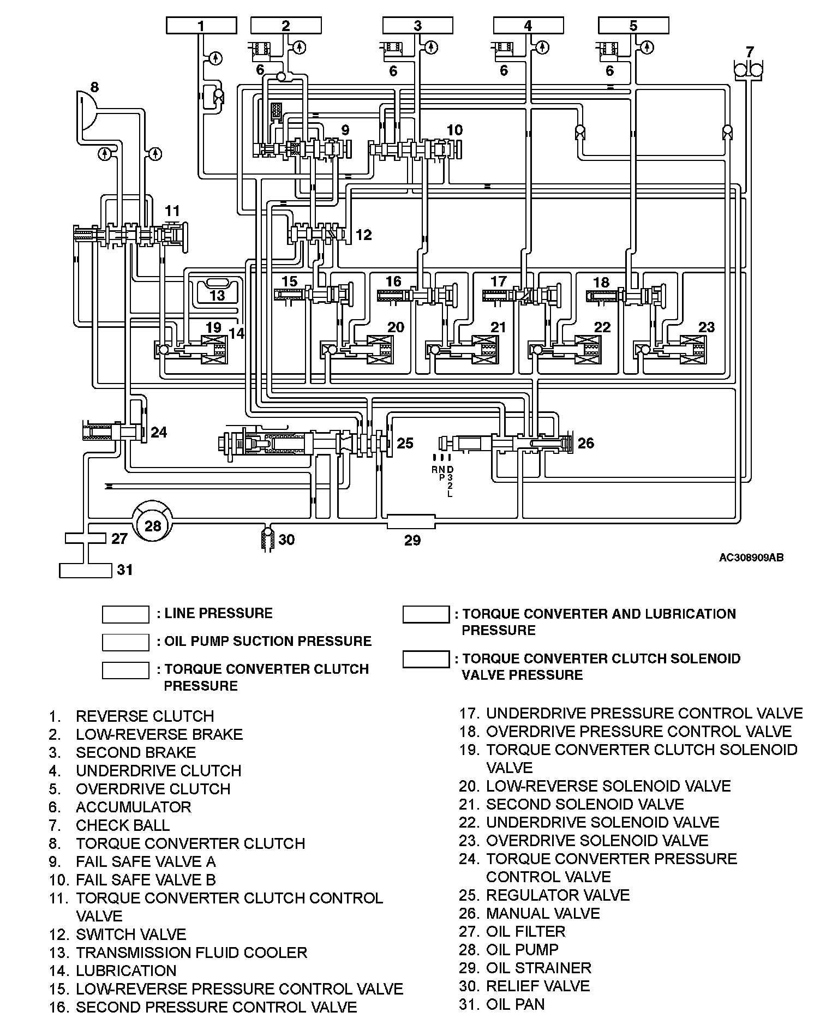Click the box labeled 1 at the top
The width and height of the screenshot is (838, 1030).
[x=201, y=26]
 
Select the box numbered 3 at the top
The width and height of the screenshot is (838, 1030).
[x=417, y=26]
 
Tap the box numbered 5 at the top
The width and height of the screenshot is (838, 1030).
[x=633, y=26]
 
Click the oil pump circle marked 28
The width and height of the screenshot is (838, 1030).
[x=153, y=525]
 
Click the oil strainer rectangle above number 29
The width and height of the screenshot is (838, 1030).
[x=411, y=522]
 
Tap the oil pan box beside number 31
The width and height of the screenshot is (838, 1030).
[x=85, y=570]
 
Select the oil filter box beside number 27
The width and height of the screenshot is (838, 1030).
[x=85, y=538]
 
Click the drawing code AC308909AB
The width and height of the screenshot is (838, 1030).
[x=751, y=558]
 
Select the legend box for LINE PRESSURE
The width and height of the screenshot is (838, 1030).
[x=125, y=614]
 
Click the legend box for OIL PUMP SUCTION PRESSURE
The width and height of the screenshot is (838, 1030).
[x=125, y=642]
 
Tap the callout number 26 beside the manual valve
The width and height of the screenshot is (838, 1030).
[x=585, y=443]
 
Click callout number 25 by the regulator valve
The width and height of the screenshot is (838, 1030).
[x=405, y=443]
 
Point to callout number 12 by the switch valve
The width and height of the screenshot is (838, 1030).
[x=363, y=235]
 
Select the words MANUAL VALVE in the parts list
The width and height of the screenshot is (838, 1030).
[x=543, y=913]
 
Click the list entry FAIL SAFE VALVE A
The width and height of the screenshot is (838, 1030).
[x=146, y=861]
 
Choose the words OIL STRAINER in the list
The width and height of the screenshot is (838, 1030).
[x=538, y=968]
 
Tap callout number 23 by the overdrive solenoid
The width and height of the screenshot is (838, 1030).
[x=707, y=327]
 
